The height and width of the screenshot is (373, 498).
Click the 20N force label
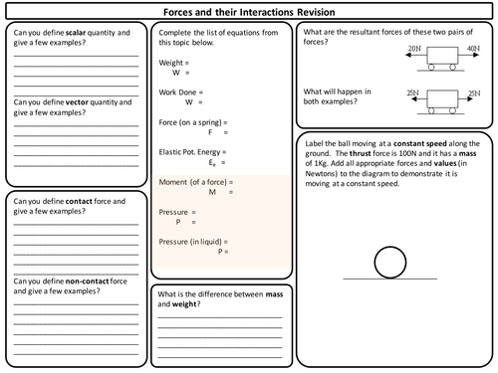pyautogui.click(x=412, y=48)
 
